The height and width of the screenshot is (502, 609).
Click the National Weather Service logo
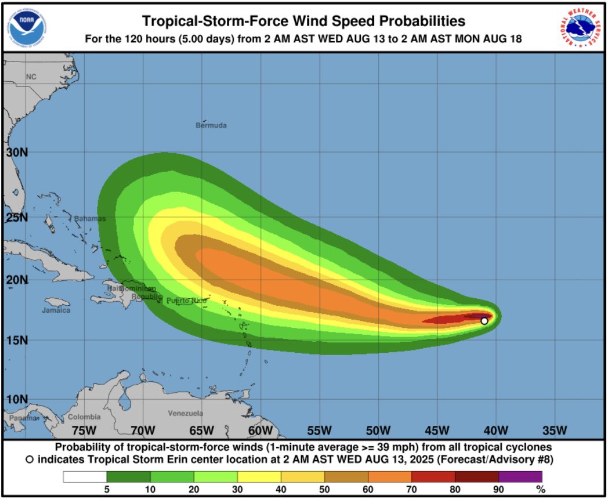point(582,27)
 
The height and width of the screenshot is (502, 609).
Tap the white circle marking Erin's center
point(484,321)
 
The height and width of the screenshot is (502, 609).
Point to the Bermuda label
point(211,125)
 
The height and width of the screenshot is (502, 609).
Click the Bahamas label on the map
point(90,219)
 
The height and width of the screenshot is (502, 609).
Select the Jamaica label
point(56,310)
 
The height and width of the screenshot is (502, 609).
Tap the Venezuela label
point(185,413)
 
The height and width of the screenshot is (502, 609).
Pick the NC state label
point(31,77)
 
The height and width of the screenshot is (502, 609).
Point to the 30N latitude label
point(17,152)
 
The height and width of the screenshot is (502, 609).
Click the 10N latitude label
point(17,399)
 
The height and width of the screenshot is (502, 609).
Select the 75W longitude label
point(84,430)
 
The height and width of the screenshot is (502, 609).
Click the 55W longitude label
point(319,430)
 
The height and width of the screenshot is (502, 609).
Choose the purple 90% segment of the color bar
point(520,476)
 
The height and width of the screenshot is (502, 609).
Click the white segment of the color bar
point(85,476)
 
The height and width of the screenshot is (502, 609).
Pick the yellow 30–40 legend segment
point(259,476)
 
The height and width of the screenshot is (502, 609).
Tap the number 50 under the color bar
point(324,490)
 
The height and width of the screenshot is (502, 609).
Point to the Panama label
point(23,418)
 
